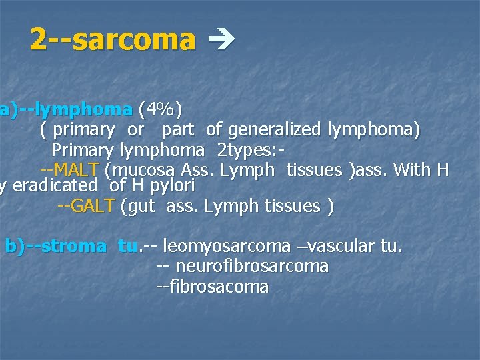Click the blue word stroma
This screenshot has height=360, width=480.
click(x=73, y=246)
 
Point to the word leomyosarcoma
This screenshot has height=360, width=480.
click(x=227, y=247)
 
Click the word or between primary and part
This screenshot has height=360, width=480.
click(x=135, y=129)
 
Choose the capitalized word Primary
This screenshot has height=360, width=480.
click(x=83, y=149)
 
